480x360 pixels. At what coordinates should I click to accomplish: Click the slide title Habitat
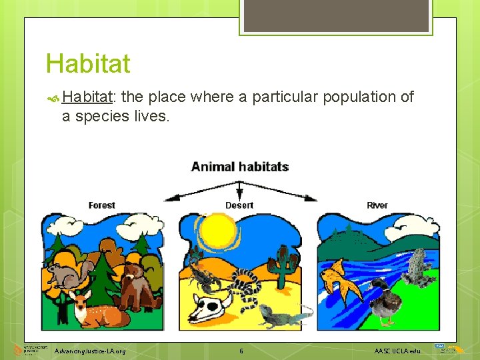pyautogui.click(x=87, y=64)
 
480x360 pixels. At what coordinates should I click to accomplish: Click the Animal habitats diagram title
pyautogui.click(x=239, y=166)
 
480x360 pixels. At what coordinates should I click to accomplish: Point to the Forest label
pyautogui.click(x=101, y=205)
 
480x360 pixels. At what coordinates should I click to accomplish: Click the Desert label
pyautogui.click(x=239, y=205)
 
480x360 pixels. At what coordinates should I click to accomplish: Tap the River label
pyautogui.click(x=377, y=205)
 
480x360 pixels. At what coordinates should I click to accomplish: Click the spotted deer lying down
pyautogui.click(x=93, y=310)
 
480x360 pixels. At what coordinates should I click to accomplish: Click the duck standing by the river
pyautogui.click(x=385, y=303)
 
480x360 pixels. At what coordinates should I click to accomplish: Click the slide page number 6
pyautogui.click(x=241, y=351)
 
